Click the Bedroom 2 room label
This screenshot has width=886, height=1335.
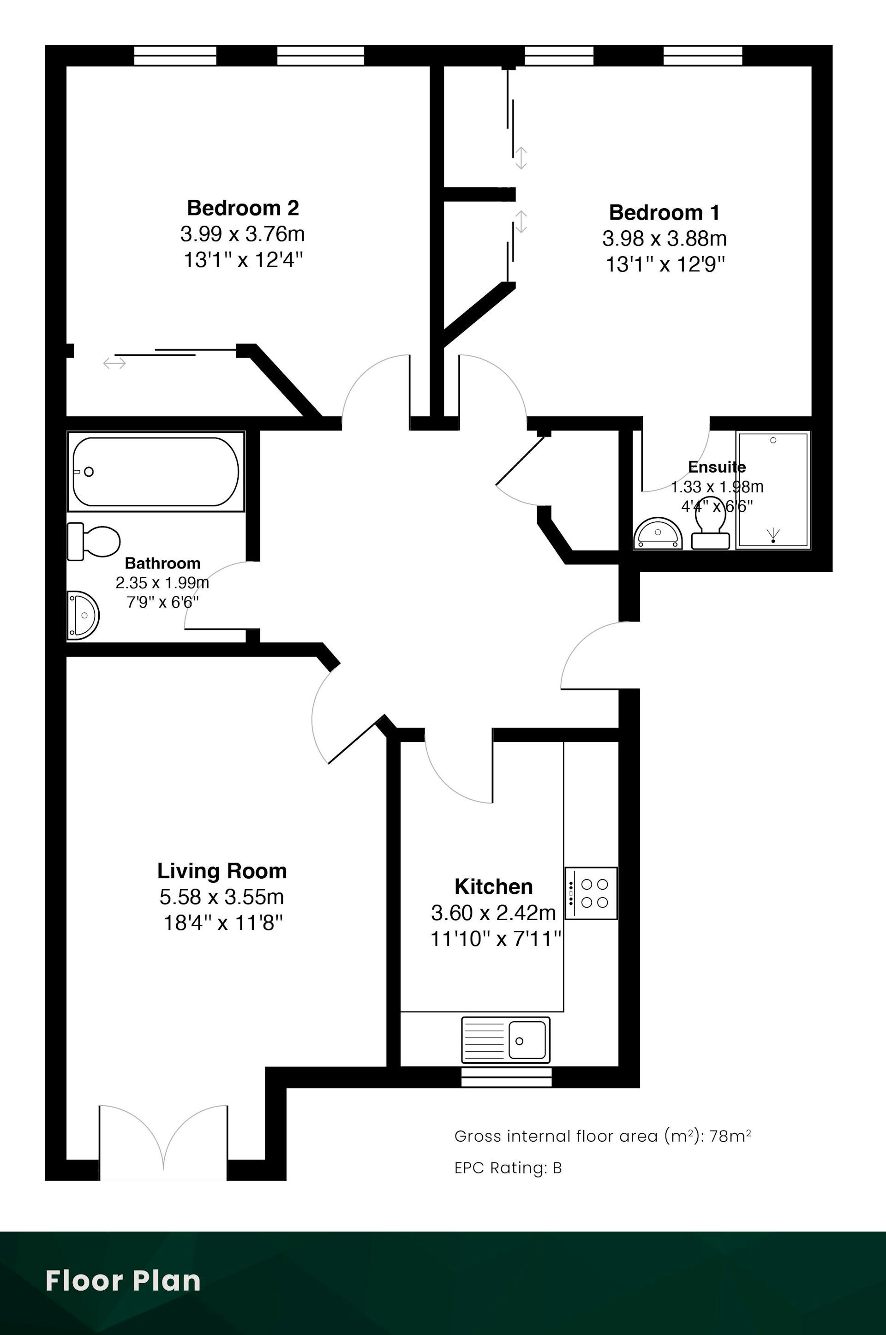[x=243, y=208]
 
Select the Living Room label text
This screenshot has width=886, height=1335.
[x=222, y=871]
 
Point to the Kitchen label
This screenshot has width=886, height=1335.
[x=494, y=886]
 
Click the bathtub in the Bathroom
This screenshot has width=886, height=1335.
[x=156, y=471]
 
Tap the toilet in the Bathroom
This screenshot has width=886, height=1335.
[x=94, y=541]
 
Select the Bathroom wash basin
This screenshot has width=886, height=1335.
[x=83, y=615]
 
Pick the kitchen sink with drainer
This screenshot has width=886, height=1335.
[x=506, y=1040]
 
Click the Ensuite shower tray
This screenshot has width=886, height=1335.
[x=773, y=490]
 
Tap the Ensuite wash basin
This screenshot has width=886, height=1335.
[x=659, y=534]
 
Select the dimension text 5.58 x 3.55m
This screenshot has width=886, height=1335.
[x=222, y=897]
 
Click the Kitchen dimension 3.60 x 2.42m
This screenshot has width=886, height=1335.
[x=494, y=912]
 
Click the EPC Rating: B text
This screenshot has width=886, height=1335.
[x=508, y=1168]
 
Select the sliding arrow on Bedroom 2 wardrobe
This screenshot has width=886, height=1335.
[x=115, y=363]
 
